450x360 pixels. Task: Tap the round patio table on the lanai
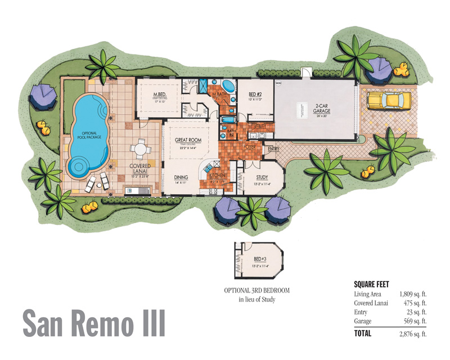click(x=139, y=150)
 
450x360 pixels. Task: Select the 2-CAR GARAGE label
click(x=308, y=106)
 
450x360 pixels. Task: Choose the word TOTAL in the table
click(x=363, y=333)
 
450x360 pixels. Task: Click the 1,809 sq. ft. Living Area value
click(x=413, y=294)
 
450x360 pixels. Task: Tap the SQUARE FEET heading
click(x=371, y=284)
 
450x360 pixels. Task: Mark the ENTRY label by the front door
click(x=273, y=149)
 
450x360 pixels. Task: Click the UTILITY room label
click(x=259, y=126)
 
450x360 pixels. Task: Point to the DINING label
click(x=181, y=177)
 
